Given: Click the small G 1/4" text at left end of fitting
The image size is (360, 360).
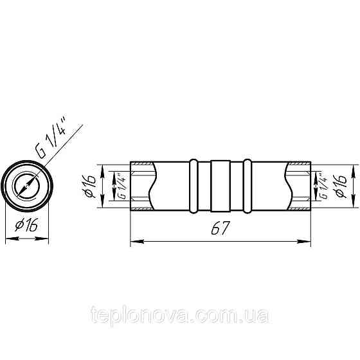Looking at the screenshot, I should pos(120,186).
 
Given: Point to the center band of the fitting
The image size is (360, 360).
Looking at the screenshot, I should pos(220,186).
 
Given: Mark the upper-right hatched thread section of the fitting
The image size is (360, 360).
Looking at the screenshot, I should pos(298,168).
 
